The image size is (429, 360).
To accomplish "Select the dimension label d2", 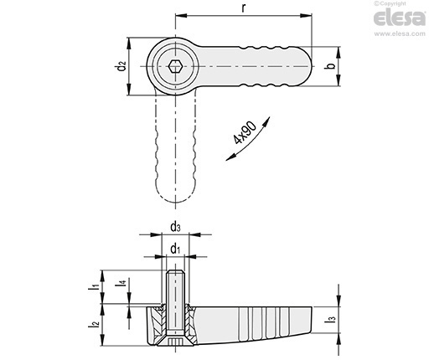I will (122, 66).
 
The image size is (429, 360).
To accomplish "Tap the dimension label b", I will (331, 66).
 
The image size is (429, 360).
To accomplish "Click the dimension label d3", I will (175, 225).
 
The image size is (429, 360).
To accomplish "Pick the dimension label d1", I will (175, 248).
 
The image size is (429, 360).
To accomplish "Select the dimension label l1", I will (95, 287).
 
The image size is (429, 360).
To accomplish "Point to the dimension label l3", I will (332, 317).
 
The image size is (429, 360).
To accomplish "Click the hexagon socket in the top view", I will (175, 66).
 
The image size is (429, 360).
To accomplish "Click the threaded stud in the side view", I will (175, 289).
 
